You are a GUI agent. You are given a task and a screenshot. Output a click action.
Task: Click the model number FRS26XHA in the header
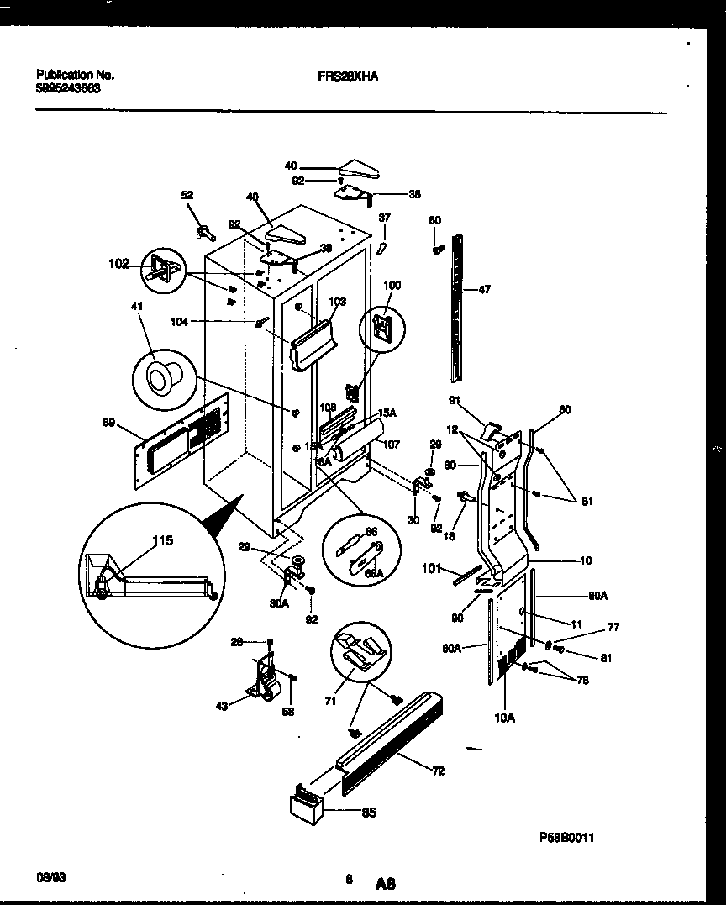[x=348, y=75]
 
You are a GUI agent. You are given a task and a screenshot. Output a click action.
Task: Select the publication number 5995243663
[x=69, y=87]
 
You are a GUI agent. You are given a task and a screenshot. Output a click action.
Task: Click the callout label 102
[x=119, y=264]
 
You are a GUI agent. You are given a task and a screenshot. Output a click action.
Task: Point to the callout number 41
[x=137, y=308]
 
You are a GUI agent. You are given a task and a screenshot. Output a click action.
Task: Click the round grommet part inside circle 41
[x=160, y=380]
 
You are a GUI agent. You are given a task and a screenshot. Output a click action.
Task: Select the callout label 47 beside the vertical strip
[x=485, y=290]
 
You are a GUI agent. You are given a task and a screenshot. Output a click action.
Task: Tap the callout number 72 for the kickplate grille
[x=438, y=771]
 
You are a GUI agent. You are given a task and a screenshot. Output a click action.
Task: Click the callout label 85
[x=368, y=812]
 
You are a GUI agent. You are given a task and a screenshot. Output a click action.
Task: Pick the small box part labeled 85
[x=304, y=805]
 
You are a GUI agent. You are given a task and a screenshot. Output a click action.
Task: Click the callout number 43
[x=221, y=706]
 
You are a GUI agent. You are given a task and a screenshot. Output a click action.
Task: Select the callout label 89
[x=108, y=423]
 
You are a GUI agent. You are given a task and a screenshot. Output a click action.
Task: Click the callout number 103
[x=336, y=301]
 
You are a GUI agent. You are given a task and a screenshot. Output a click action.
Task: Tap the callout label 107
[x=392, y=445]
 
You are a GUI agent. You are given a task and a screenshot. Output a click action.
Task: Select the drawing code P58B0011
[x=566, y=839]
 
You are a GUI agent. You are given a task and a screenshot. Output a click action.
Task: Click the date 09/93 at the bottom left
[x=51, y=876]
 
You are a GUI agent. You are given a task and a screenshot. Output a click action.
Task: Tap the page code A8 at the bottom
[x=386, y=883]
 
